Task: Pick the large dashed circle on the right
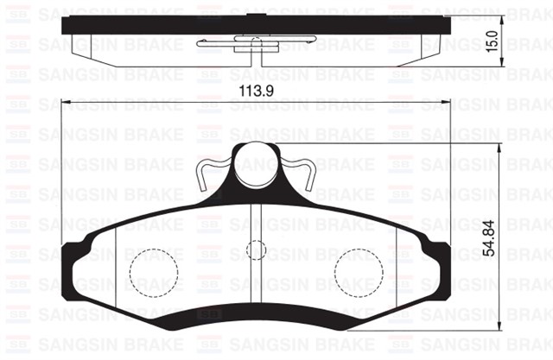[357, 271]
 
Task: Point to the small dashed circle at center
[254, 250]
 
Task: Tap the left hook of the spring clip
[203, 176]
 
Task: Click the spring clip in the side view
[251, 43]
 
